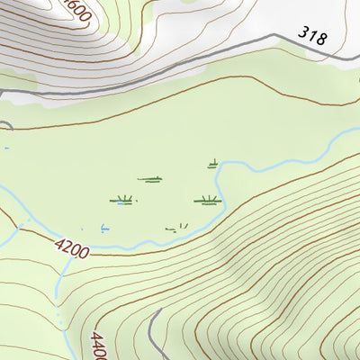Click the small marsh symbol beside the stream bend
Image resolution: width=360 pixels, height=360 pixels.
(x=213, y=164)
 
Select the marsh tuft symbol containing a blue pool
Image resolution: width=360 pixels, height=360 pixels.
(x=121, y=200)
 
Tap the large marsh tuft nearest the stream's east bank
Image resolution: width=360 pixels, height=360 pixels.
(x=207, y=200)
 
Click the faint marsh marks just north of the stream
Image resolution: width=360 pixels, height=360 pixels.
(x=177, y=227)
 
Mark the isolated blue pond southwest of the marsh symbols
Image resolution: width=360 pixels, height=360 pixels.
(x=105, y=228)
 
